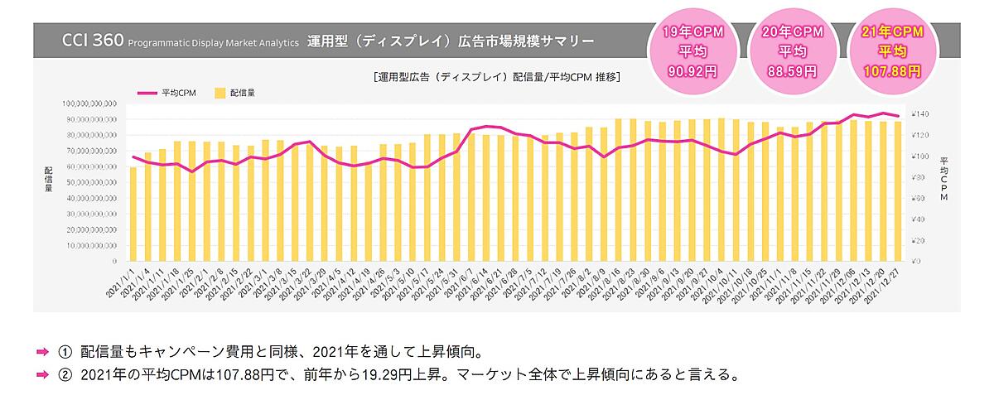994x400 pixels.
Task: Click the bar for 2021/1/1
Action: point(133,214)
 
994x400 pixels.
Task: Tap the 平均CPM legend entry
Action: point(163,93)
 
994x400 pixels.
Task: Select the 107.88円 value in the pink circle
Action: point(891,71)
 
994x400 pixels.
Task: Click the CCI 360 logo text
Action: point(92,41)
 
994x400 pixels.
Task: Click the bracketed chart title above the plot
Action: point(497,77)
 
